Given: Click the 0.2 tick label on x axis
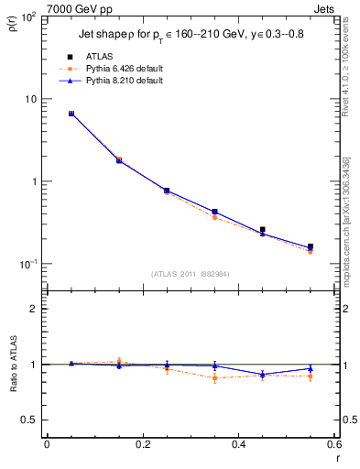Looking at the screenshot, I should click(142, 444).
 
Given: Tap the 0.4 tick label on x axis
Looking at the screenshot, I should click(238, 444).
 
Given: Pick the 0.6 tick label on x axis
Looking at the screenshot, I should click(334, 444).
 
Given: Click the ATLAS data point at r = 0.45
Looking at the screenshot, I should click(262, 230).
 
